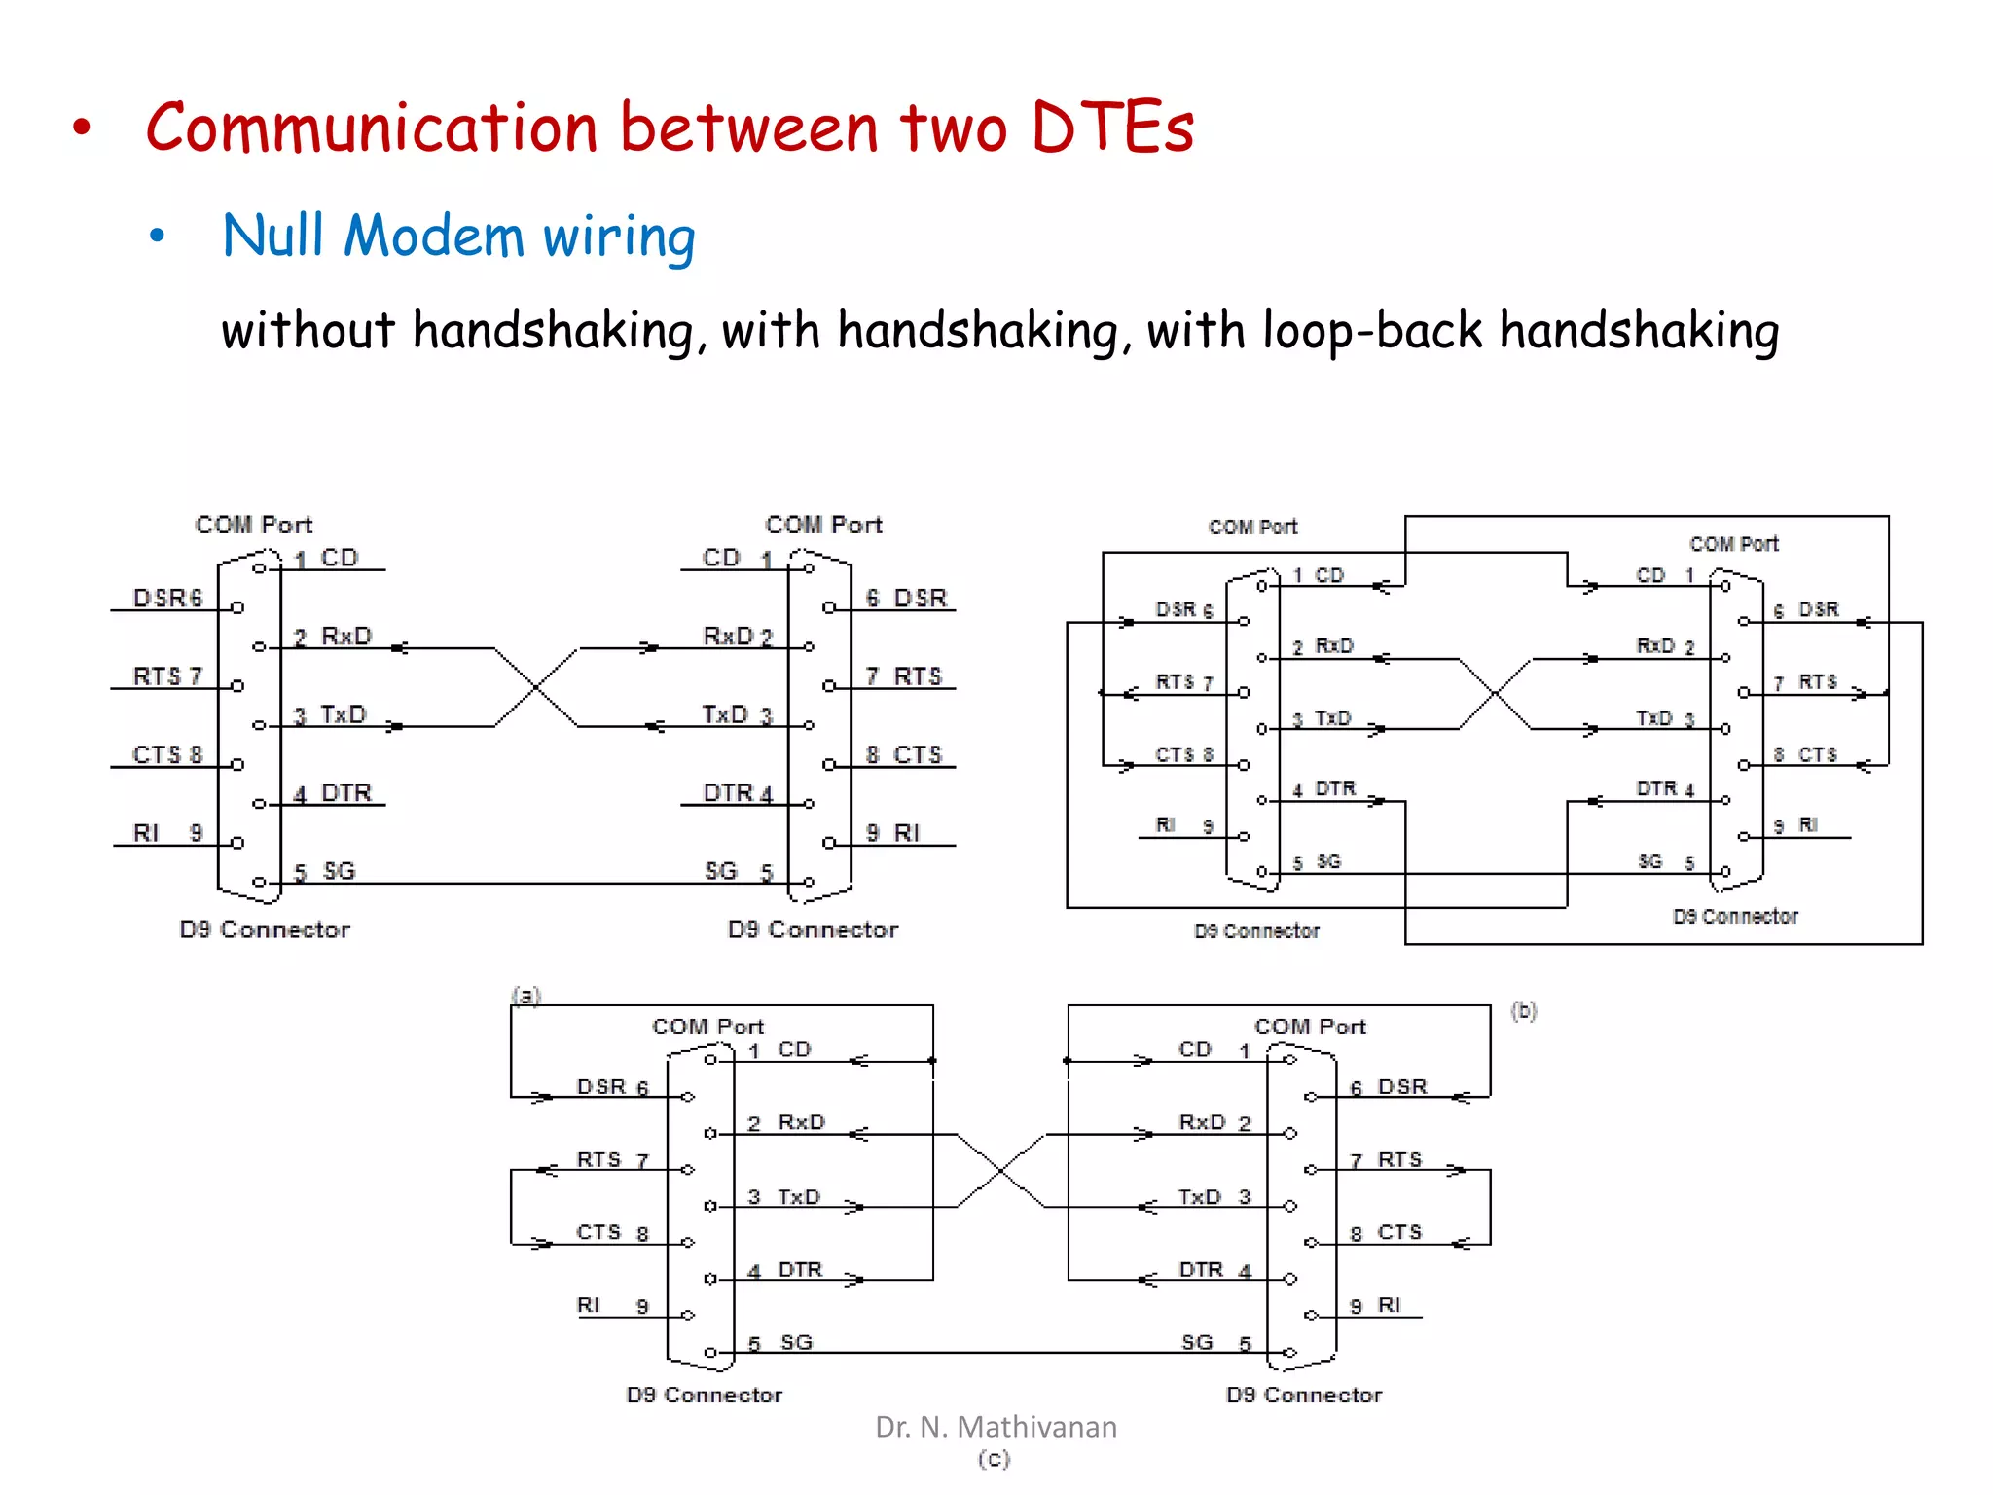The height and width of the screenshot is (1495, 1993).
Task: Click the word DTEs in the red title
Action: click(x=1111, y=128)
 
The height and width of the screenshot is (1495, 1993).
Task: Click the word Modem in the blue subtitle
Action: click(x=434, y=237)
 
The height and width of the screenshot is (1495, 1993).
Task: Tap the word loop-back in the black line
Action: click(x=1372, y=330)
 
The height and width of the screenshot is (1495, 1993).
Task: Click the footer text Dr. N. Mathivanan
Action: click(x=996, y=1427)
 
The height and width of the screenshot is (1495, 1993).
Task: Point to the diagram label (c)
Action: click(x=994, y=1459)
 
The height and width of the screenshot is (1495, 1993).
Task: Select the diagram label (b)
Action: click(x=1524, y=1011)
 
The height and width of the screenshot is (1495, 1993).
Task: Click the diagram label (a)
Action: click(x=525, y=995)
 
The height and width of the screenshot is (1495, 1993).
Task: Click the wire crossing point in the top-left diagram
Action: click(x=536, y=687)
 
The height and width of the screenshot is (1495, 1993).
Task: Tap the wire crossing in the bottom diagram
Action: click(x=1001, y=1171)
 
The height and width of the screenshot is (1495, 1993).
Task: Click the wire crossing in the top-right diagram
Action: click(x=1495, y=693)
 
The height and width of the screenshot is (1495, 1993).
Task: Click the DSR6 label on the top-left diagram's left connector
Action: click(x=167, y=598)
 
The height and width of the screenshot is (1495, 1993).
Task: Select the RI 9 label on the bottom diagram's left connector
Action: click(x=612, y=1305)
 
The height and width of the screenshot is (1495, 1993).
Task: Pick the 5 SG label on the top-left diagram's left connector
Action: click(x=325, y=871)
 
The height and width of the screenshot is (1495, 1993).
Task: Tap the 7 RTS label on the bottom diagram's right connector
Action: click(x=1386, y=1160)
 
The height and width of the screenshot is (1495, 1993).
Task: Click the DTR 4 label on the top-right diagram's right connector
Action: click(x=1665, y=788)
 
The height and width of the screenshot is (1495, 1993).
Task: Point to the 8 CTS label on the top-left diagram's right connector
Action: click(x=903, y=755)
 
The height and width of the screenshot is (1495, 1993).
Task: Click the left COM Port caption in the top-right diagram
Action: click(x=1252, y=527)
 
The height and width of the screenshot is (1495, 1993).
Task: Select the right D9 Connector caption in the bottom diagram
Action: click(x=1304, y=1395)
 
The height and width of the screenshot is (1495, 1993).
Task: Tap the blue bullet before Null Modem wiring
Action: click(x=158, y=236)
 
